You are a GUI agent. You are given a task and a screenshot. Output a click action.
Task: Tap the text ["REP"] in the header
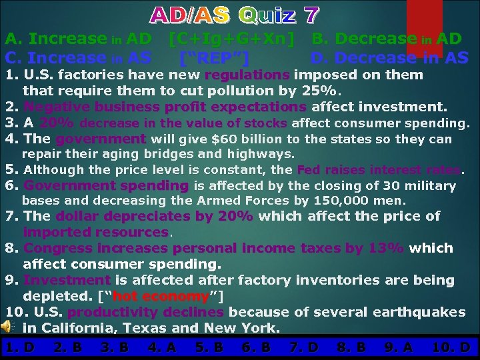pos(215,58)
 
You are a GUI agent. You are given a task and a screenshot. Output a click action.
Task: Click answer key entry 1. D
pos(20,347)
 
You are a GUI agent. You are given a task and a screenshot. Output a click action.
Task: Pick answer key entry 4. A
pos(162,347)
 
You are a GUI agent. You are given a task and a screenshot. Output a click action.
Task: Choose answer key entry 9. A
pos(399,347)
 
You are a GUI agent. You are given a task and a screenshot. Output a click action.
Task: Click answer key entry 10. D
pos(451,347)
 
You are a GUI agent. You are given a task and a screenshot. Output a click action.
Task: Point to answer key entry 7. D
pos(304,347)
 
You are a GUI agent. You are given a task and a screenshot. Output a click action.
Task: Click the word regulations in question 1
pos(247,75)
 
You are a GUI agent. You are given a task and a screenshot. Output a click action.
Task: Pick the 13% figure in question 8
pos(386,248)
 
